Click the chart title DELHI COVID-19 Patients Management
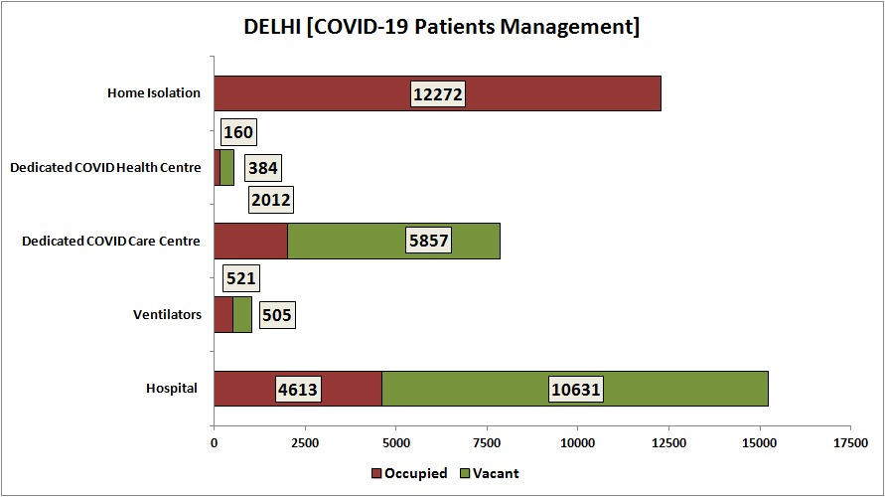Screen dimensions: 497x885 coord(442,27)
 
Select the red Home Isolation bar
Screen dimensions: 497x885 coord(298,93)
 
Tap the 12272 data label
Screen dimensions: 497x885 coord(438,93)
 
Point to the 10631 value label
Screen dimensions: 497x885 coord(576,390)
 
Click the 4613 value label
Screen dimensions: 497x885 coord(298,390)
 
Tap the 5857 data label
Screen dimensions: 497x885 coord(429,242)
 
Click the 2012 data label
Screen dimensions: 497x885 coord(270,201)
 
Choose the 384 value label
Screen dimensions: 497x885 coord(261,168)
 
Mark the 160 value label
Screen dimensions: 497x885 coord(238,132)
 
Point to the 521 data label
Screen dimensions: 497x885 coord(242,279)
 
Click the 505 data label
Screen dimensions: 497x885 coord(277,316)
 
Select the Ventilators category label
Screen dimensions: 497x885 coord(168,315)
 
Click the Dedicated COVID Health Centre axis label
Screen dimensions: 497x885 coord(106,167)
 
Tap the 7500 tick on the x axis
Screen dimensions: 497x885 coord(486,442)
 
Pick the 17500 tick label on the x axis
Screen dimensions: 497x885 coord(849,442)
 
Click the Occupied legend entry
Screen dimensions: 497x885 coord(408,473)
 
